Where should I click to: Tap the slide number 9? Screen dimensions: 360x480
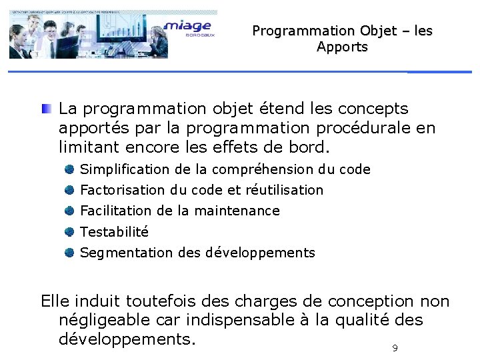395,349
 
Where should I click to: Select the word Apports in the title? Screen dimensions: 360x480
342,47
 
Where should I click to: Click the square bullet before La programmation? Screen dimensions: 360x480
45,109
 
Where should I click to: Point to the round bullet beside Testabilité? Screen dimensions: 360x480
69,232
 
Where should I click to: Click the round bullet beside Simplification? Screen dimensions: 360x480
69,169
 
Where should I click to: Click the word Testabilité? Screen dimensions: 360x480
114,232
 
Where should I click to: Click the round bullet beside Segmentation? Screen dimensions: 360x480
69,253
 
